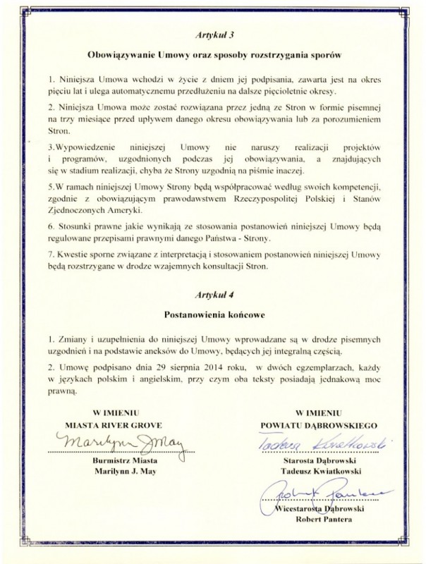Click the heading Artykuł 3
(x=212, y=33)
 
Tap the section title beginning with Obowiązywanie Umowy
(x=212, y=54)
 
